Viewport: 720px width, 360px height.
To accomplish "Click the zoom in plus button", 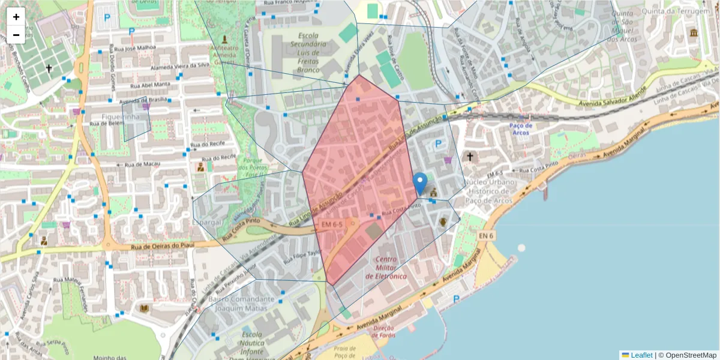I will coord(16,17).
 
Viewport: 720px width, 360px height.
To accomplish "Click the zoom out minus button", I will coord(16,35).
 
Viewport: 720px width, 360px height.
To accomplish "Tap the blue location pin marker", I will coord(421,183).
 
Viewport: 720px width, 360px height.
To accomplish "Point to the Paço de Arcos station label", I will coord(520,128).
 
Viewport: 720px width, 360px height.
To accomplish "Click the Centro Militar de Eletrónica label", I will coord(391,268).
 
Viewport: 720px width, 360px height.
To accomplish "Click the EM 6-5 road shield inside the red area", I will coord(331,224).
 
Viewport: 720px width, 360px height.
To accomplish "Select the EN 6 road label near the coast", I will coord(486,236).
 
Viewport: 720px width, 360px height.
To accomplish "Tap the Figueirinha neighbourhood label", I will coord(121,116).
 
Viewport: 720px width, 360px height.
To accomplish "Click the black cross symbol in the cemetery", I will coord(49,68).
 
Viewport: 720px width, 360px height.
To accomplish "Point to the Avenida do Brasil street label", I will coord(142,100).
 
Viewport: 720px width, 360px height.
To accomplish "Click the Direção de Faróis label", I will coord(383,332).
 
